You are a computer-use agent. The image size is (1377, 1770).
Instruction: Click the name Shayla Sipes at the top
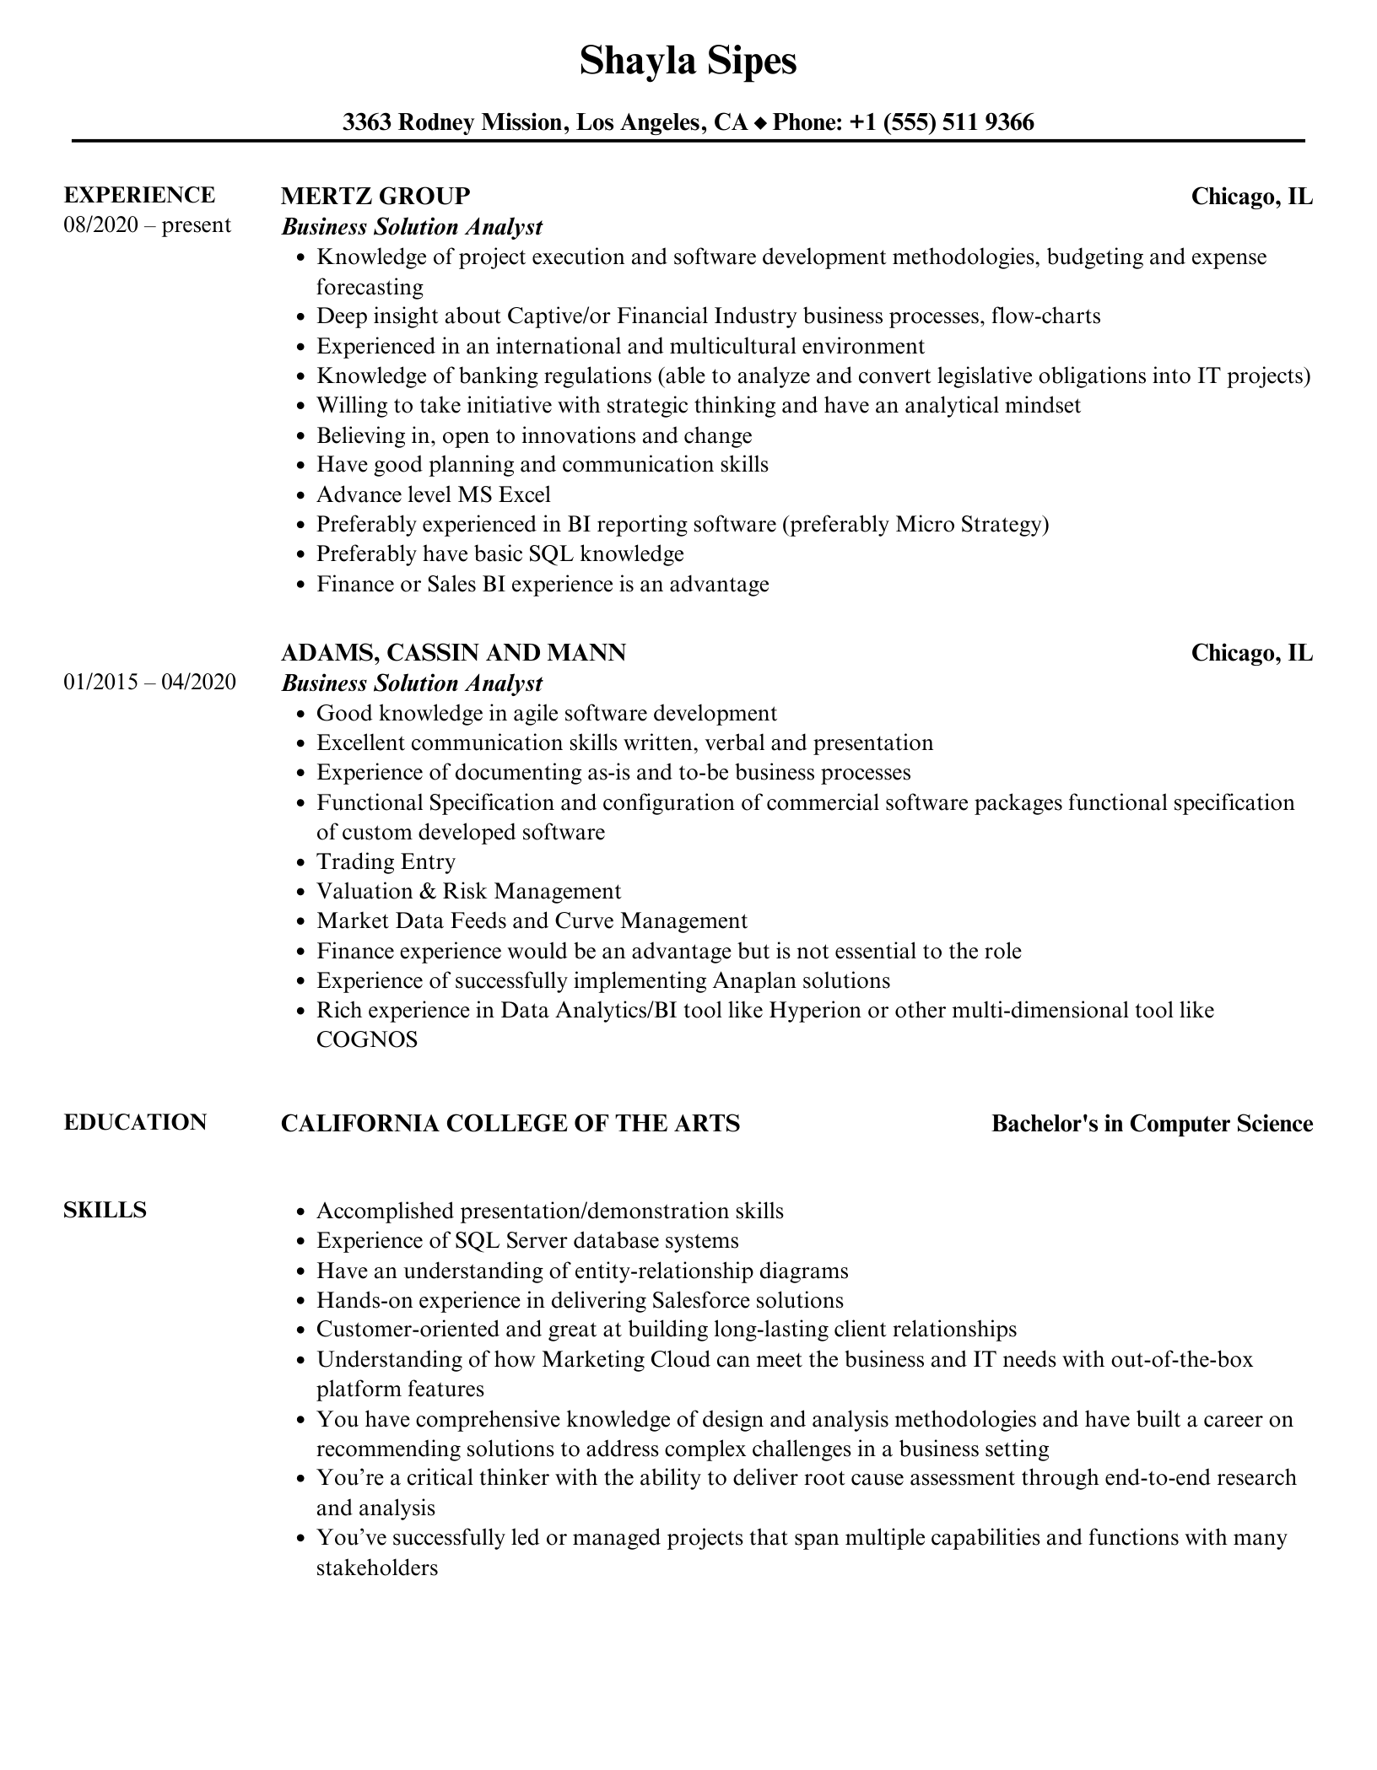688,62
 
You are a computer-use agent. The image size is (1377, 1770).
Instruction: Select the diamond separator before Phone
760,124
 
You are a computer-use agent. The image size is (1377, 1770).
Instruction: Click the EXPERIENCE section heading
139,195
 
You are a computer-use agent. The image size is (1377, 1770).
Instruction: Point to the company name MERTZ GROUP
375,196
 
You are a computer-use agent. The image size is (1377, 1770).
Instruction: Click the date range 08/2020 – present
147,225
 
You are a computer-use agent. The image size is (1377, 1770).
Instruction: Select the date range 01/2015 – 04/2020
149,682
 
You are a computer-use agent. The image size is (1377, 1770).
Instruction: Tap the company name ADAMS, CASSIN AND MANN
453,652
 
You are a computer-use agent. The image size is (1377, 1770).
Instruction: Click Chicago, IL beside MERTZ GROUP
1251,197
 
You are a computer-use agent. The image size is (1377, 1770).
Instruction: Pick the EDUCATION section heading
135,1122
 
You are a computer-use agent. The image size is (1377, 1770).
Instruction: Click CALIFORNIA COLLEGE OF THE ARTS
510,1123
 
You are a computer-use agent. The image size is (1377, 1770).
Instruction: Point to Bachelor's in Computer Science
1152,1124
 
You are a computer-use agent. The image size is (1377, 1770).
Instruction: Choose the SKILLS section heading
105,1210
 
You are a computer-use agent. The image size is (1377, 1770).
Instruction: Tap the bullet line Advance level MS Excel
433,494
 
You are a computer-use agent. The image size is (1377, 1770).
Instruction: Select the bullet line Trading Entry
386,861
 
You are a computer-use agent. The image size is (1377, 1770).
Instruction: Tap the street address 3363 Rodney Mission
452,123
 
